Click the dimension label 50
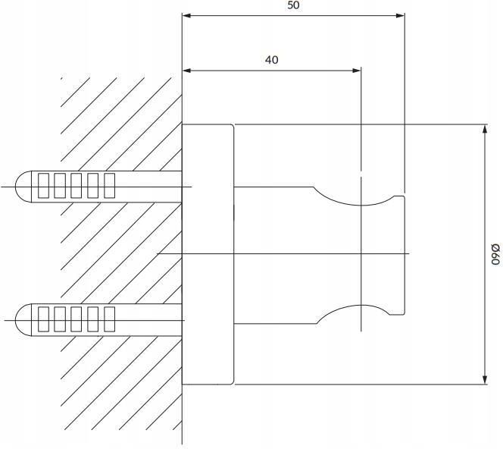[293, 5]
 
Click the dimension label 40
[272, 60]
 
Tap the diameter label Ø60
[495, 254]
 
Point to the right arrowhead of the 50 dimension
[400, 15]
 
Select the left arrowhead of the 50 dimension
[186, 15]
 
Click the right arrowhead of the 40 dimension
[357, 71]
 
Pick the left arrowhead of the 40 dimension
[186, 71]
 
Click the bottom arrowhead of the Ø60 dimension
[485, 380]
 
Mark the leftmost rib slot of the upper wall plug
[43, 186]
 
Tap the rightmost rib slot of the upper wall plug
[109, 186]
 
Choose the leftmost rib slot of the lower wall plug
[43, 319]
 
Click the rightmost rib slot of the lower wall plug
[109, 319]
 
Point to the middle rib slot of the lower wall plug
[76, 319]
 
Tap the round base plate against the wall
[208, 254]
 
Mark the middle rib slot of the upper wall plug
[76, 186]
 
